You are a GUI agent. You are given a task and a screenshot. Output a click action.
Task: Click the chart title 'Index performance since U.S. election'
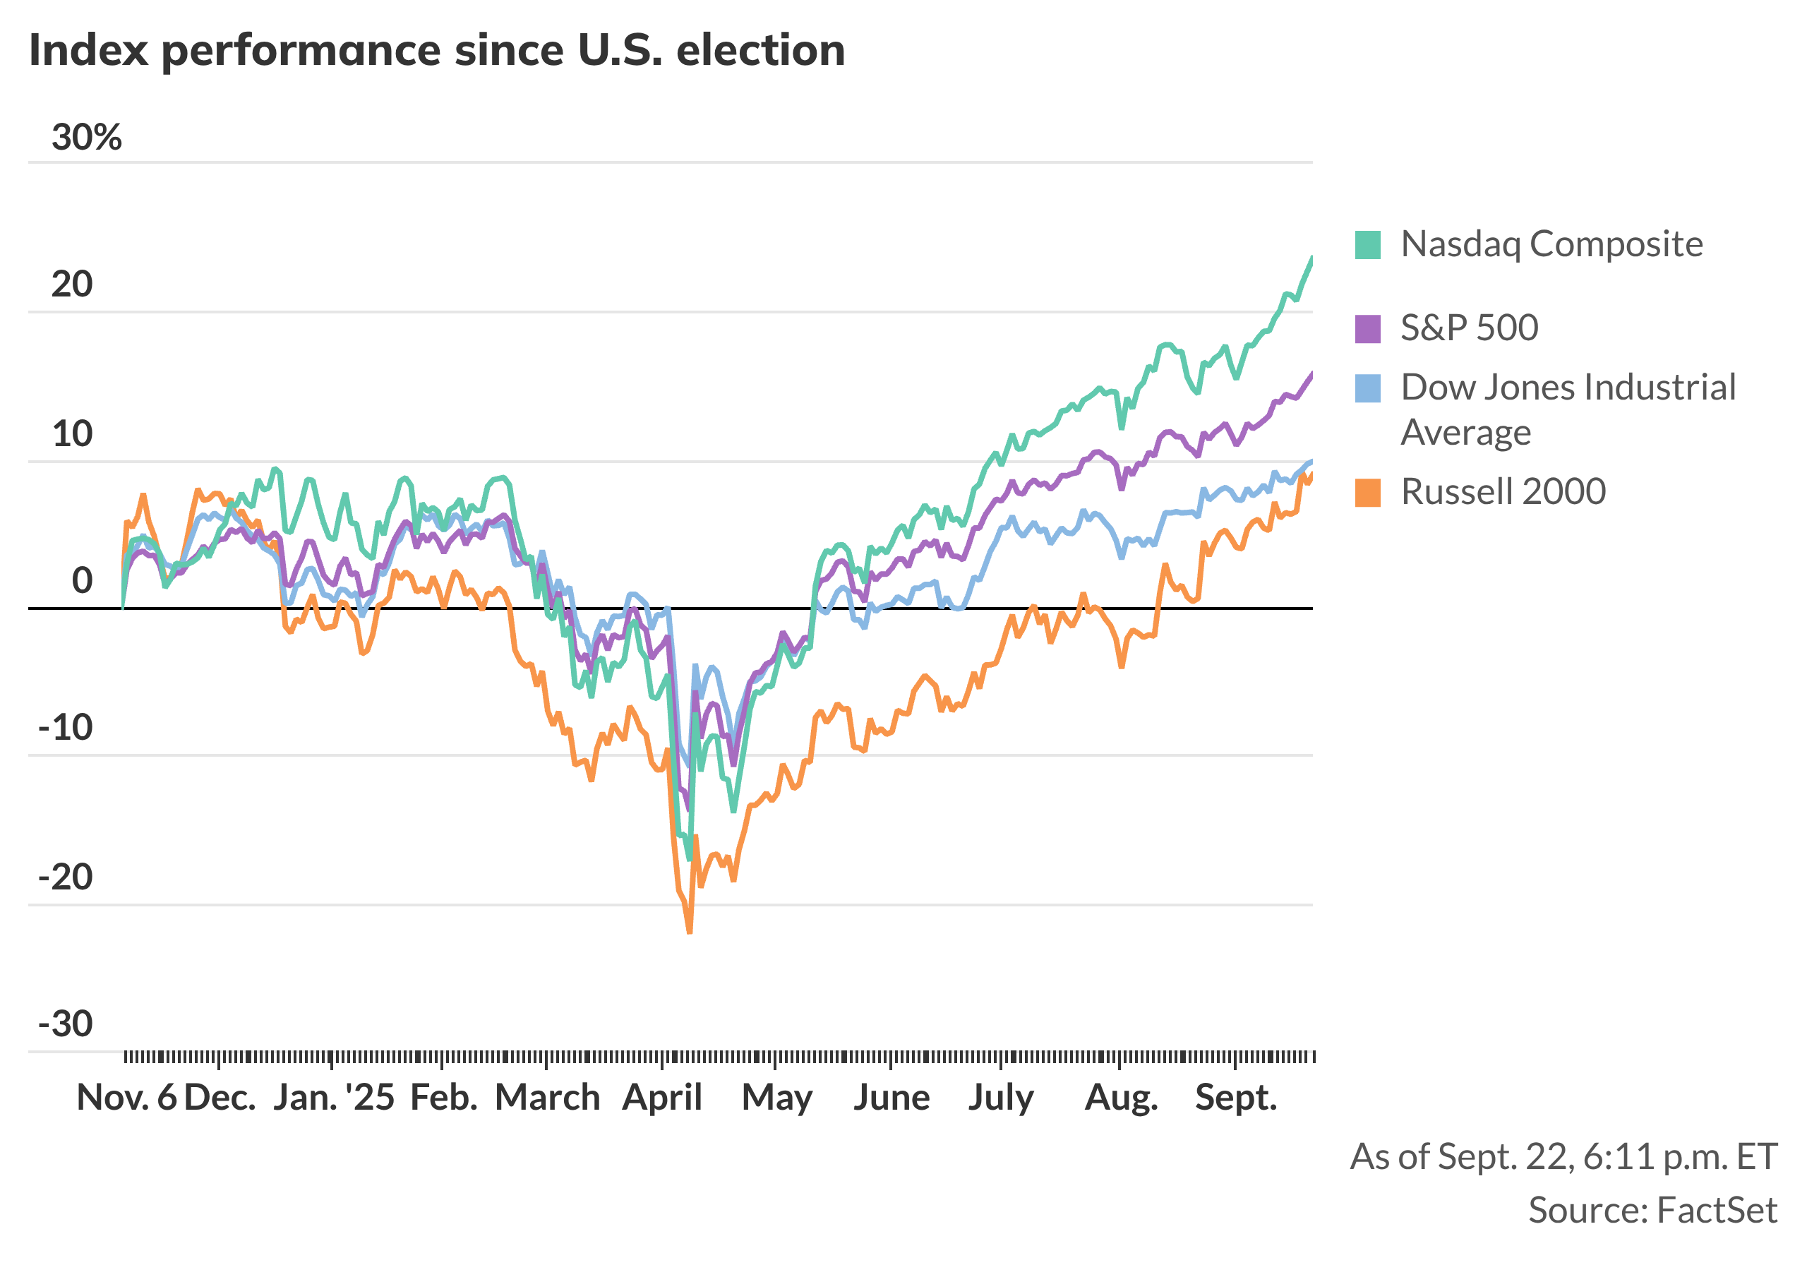coord(437,50)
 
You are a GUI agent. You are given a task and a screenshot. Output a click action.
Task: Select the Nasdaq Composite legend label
coord(1551,244)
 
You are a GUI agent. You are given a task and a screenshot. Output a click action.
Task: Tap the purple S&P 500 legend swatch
coord(1368,328)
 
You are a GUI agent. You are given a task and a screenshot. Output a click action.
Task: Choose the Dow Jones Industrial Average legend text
coord(1568,409)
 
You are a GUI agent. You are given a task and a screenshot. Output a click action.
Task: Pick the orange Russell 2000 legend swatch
coord(1368,493)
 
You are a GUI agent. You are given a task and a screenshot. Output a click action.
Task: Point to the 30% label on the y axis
coord(87,138)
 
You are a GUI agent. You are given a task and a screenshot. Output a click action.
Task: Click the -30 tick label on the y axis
coord(66,1024)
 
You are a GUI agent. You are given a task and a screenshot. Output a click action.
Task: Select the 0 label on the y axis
coord(82,581)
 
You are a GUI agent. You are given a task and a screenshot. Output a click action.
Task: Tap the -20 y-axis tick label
coord(66,877)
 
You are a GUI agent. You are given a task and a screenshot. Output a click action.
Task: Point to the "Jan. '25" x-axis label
coord(334,1097)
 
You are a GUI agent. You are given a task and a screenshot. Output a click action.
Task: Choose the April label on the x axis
coord(662,1097)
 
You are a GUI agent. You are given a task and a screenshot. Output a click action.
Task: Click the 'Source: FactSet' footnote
coord(1652,1210)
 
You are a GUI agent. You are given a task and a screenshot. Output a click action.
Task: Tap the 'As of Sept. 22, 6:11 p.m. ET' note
coord(1563,1156)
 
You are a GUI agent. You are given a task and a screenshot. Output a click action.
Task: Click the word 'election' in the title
coord(760,50)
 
